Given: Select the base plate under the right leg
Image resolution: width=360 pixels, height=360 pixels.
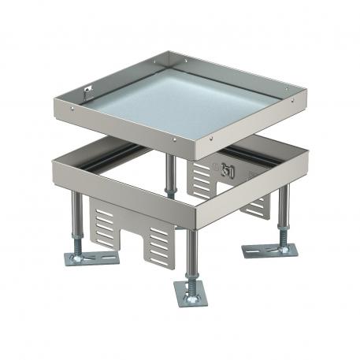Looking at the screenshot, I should click(x=272, y=251).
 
